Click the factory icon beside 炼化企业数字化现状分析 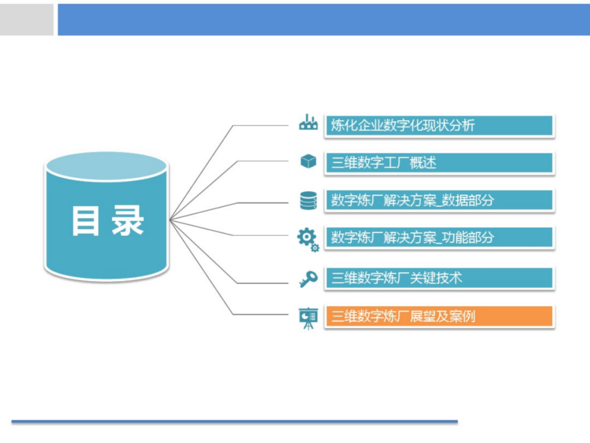(308, 123)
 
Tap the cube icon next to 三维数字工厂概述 (308, 161)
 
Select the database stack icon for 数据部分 (308, 200)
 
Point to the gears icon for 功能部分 (308, 239)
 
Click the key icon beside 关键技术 (308, 279)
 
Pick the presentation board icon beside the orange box (308, 318)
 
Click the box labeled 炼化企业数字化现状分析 (439, 125)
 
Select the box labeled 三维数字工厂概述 (439, 163)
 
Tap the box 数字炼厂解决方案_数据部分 (439, 200)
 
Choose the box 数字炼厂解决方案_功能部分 (439, 237)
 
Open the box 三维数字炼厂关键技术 (439, 278)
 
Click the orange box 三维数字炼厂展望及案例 (439, 316)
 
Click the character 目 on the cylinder (86, 221)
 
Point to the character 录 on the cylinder (128, 221)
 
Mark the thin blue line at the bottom (235, 422)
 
